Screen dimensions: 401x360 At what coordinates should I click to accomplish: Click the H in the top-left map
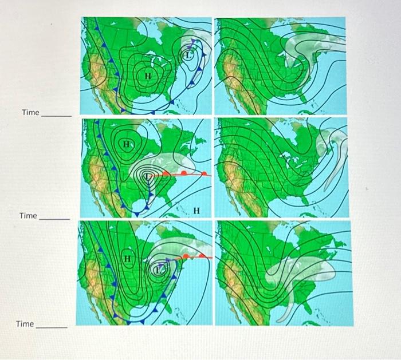(x=148, y=76)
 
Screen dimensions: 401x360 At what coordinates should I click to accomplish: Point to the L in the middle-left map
(x=150, y=177)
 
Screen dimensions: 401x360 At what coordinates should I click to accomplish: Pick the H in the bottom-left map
(x=128, y=259)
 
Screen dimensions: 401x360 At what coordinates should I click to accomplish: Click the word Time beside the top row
(x=30, y=112)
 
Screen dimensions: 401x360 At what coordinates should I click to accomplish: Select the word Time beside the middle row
(x=28, y=216)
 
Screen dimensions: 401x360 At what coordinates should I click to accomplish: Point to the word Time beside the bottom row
(x=25, y=324)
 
